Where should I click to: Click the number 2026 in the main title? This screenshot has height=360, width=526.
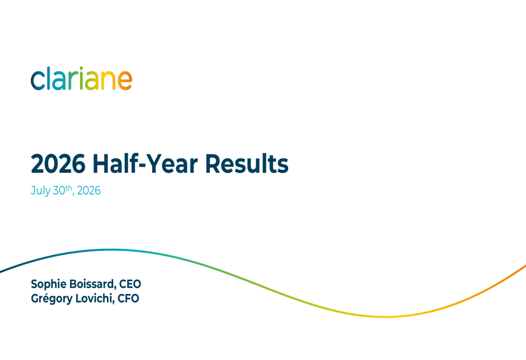(x=58, y=164)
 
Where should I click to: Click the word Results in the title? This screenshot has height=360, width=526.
(x=247, y=164)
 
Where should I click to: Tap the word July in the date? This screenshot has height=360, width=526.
(x=41, y=191)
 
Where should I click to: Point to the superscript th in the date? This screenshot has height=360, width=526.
(x=69, y=188)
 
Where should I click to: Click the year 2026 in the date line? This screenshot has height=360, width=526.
(x=88, y=191)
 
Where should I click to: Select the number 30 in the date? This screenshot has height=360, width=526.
(x=59, y=191)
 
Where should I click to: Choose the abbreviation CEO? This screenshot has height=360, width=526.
(x=130, y=284)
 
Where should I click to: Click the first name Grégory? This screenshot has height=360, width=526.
(x=52, y=299)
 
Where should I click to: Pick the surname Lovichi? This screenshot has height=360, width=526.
(x=95, y=299)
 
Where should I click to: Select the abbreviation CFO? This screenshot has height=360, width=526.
(x=128, y=299)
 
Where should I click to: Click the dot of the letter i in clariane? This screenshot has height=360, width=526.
(x=81, y=68)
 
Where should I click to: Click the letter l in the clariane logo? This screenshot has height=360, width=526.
(x=49, y=78)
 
